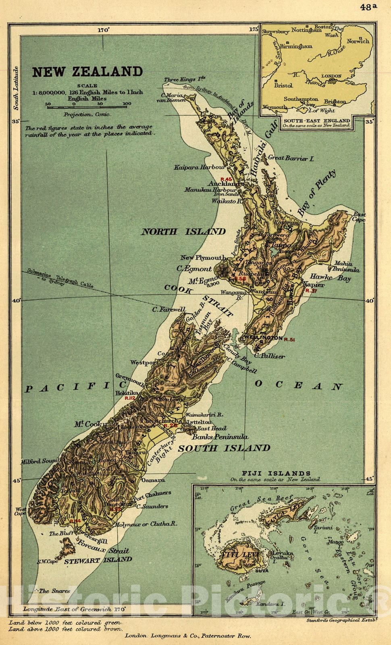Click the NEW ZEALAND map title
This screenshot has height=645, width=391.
pyautogui.click(x=87, y=72)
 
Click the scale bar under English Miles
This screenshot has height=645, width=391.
pyautogui.click(x=87, y=106)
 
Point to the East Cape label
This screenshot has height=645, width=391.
pyautogui.click(x=359, y=217)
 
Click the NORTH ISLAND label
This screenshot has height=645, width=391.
pyautogui.click(x=183, y=231)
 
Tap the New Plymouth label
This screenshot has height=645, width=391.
pyautogui.click(x=202, y=258)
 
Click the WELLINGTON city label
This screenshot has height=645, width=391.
pyautogui.click(x=262, y=338)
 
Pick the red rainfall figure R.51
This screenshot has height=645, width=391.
pyautogui.click(x=289, y=340)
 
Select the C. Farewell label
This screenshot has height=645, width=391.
pyautogui.click(x=168, y=310)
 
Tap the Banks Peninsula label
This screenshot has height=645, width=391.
pyautogui.click(x=220, y=437)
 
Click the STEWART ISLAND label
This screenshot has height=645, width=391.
pyautogui.click(x=99, y=560)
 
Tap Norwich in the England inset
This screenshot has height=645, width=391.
pyautogui.click(x=357, y=41)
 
